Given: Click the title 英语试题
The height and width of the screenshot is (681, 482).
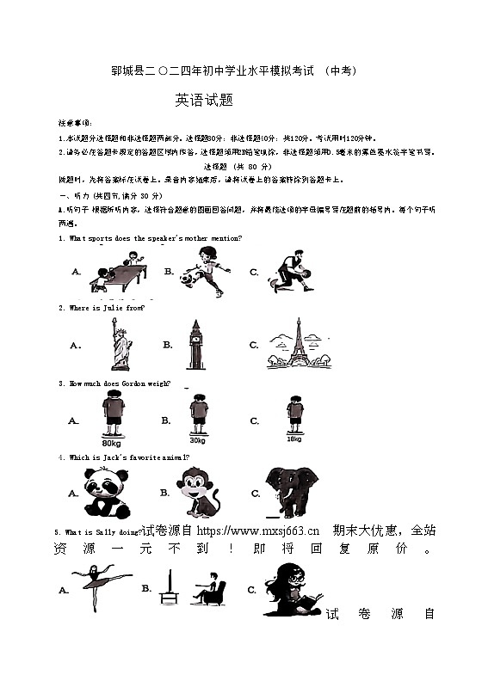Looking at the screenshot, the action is point(204,100).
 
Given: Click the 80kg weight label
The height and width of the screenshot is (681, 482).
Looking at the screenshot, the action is point(111,443).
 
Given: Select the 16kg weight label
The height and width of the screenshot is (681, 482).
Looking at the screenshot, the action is point(294,439).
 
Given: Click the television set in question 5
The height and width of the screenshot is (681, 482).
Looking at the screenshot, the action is point(170,588).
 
